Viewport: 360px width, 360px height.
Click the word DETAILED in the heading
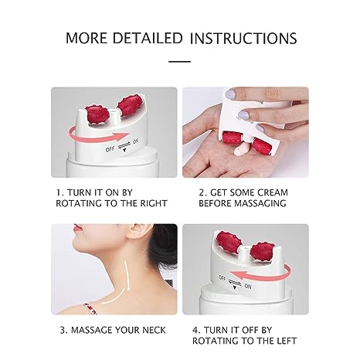point(148,38)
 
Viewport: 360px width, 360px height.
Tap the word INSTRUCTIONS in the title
point(243,38)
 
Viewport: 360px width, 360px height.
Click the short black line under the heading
point(180,62)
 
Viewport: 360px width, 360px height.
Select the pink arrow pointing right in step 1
point(99,134)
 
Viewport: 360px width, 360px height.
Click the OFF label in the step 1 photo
point(110,149)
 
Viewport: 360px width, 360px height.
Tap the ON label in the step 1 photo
point(136,141)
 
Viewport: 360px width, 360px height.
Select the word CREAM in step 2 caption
point(273,192)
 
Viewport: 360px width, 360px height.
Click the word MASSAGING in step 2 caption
point(260,203)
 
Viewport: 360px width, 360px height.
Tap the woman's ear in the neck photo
point(138,233)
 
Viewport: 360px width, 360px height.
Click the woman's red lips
point(77,228)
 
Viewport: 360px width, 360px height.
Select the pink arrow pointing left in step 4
point(260,274)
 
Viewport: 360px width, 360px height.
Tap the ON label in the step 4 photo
point(248,286)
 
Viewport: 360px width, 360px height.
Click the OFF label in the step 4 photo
point(222,278)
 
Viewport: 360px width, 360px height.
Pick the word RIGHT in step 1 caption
point(154,203)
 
